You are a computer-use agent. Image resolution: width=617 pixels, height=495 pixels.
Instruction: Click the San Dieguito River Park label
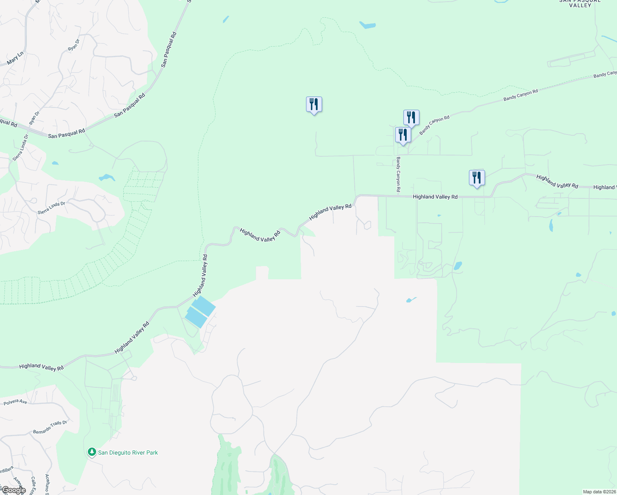128,453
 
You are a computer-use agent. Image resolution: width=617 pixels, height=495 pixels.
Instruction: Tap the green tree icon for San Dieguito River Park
92,452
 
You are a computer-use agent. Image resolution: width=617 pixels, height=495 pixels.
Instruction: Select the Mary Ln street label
15,58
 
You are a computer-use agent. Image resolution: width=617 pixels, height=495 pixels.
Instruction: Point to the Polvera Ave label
15,402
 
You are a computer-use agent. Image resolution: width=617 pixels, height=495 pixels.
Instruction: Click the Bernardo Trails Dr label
50,427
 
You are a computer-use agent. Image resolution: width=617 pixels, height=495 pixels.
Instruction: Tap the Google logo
13,490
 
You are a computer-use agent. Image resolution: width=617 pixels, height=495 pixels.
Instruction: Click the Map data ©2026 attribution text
598,492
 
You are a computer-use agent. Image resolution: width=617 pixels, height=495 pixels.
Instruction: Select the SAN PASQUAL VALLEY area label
580,3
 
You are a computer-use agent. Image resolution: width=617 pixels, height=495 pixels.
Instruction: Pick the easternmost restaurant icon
477,178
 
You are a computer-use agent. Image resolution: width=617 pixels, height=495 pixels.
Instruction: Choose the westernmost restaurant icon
314,104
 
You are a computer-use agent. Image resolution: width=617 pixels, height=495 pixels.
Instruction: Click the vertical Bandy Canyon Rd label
398,174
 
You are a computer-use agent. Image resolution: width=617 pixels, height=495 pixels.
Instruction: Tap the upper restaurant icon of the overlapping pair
411,118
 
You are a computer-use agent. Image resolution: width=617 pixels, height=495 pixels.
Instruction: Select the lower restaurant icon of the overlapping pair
403,135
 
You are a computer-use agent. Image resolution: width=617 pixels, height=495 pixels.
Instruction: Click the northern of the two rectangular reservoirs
204,306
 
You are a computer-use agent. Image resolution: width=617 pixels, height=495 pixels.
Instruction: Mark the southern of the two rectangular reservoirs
196,318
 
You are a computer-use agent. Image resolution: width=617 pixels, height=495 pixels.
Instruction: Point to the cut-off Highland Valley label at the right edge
605,187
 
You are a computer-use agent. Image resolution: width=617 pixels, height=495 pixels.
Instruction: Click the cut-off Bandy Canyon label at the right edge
605,75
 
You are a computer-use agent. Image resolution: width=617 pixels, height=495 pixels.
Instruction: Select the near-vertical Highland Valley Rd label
200,276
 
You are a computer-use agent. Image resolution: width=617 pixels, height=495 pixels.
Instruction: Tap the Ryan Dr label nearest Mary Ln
73,45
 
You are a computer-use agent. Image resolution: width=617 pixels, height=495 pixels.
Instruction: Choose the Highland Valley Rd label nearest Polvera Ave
41,366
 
